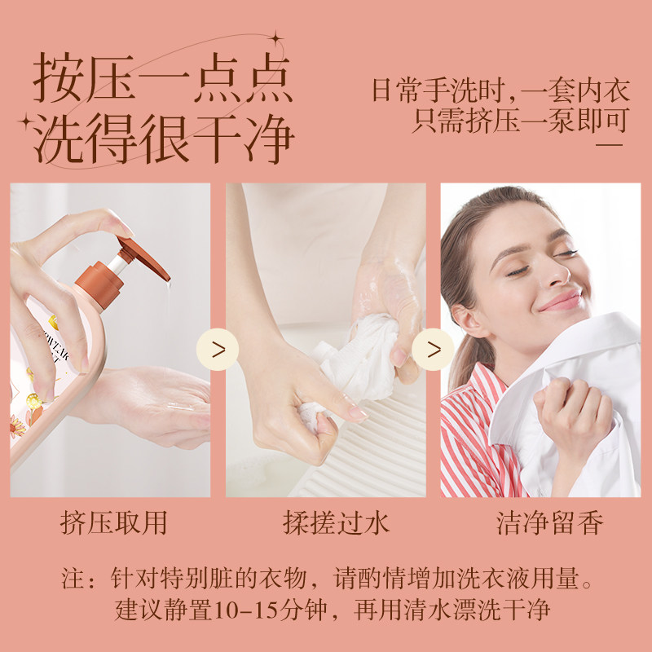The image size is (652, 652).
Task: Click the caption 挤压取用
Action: [113, 522]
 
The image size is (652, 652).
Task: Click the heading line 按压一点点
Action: [163, 79]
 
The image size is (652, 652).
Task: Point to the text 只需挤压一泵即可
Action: [520, 120]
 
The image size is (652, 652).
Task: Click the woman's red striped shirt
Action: [473, 440]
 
